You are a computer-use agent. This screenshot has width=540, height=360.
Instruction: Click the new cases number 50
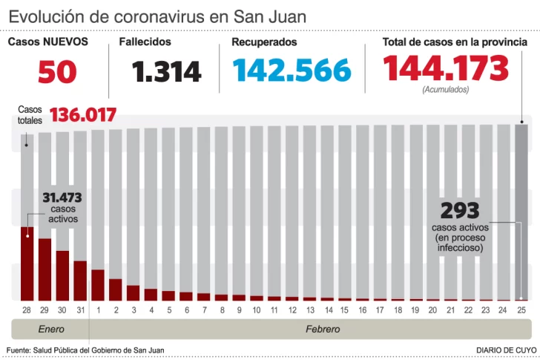[x=57, y=71]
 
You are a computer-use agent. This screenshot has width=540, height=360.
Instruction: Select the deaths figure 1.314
[x=167, y=71]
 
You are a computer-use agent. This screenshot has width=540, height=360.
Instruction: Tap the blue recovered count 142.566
[x=292, y=71]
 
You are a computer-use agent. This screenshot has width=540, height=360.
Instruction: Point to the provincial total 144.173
[x=446, y=69]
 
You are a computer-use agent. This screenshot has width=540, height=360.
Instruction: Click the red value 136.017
[x=82, y=116]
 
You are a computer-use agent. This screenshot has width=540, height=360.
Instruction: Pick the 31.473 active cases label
[x=62, y=198]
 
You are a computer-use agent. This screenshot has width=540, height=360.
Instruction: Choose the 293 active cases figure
[x=460, y=210]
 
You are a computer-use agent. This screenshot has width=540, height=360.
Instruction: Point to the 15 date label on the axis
[x=344, y=309]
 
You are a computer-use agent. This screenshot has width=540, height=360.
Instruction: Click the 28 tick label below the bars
[x=27, y=309]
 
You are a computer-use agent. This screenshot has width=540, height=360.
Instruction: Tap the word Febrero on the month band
[x=323, y=329]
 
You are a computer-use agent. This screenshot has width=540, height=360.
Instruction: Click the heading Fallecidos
[x=145, y=42]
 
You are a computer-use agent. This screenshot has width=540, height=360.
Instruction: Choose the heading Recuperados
[x=264, y=42]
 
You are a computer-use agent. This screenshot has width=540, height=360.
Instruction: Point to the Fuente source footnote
[x=85, y=350]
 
